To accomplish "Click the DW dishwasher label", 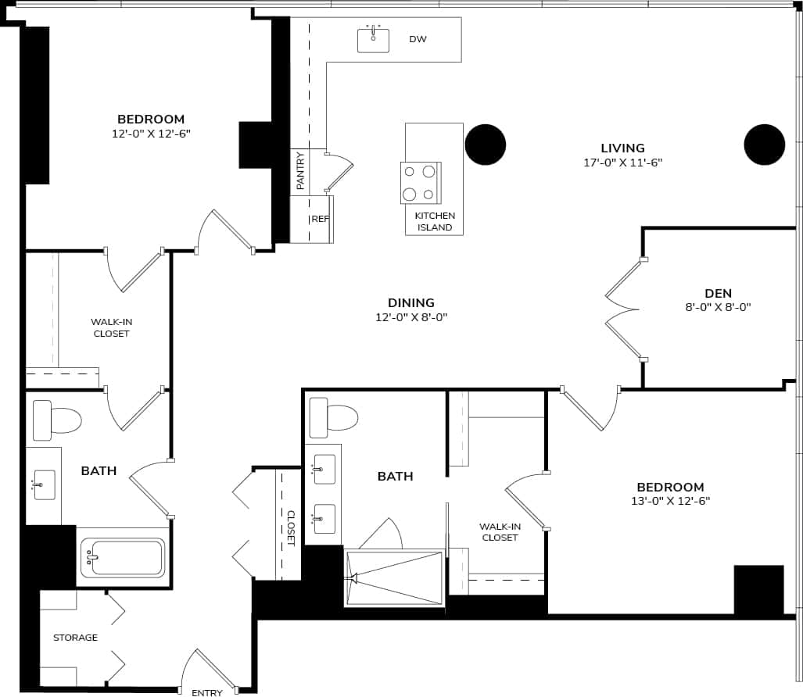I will click(x=418, y=39).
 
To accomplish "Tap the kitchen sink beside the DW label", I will click(x=373, y=40).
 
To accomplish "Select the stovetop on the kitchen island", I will click(x=421, y=183).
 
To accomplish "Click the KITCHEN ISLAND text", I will click(x=434, y=221).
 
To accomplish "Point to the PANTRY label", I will click(x=300, y=170).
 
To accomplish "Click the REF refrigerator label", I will click(x=320, y=219).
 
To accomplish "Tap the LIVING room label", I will click(x=622, y=148).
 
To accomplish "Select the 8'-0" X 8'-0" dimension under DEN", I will click(x=718, y=307).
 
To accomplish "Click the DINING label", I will click(x=410, y=302).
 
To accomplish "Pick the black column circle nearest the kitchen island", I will click(x=486, y=145).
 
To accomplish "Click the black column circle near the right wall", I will click(x=764, y=145).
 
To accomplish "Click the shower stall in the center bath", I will click(x=394, y=577).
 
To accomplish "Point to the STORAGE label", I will click(x=75, y=638).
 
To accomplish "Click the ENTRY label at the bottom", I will click(x=207, y=692).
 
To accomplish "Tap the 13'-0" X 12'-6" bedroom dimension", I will click(x=670, y=501).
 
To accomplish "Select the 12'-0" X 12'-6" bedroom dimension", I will click(x=151, y=134).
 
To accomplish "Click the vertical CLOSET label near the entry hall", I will click(x=291, y=527).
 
